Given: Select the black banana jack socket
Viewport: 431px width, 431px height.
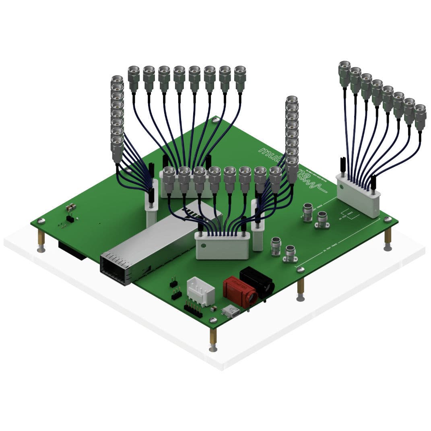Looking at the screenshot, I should coord(258,282).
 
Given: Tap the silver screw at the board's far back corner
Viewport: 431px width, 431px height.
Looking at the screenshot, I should coord(216,120).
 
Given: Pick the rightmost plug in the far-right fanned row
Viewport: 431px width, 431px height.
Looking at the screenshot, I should coord(420,117).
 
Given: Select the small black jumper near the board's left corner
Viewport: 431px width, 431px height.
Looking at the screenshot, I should coord(70,219).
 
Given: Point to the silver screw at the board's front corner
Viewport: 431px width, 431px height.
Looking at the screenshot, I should coord(213,320).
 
